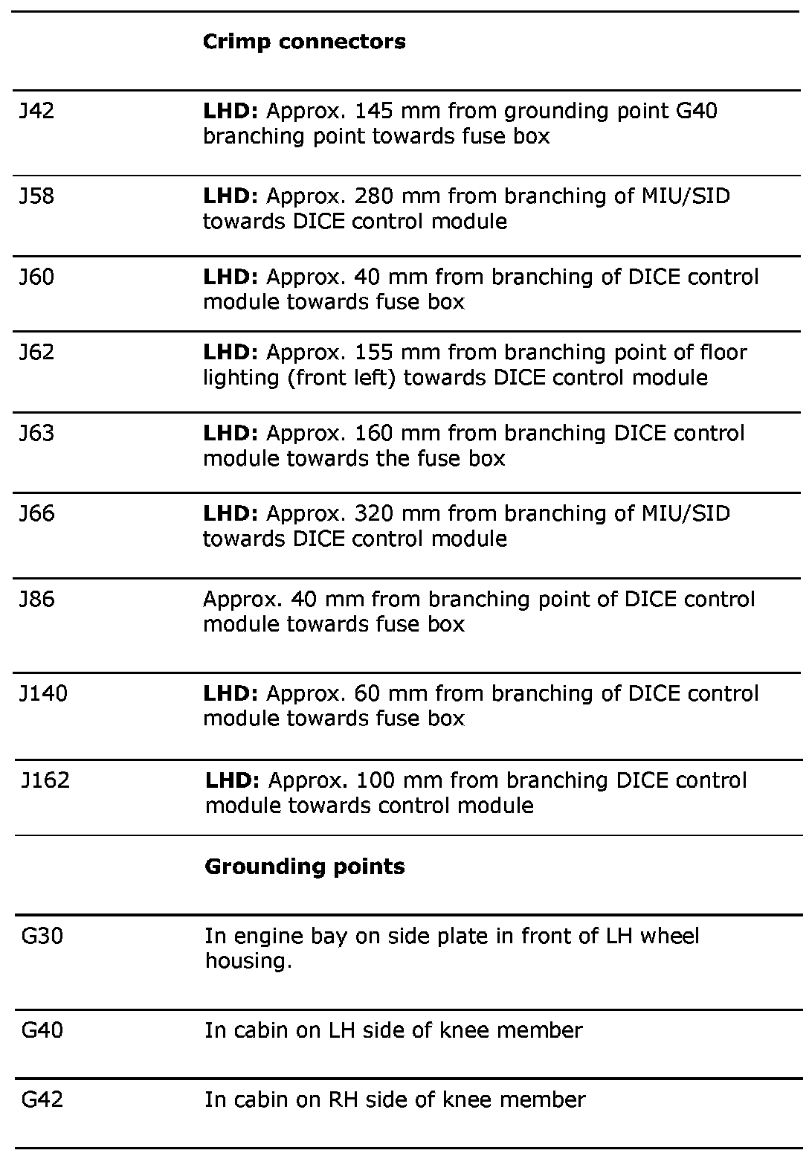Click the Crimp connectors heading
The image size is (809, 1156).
(304, 42)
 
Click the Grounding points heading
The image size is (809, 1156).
(305, 867)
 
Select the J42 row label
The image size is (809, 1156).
(36, 112)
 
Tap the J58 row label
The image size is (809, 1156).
(36, 196)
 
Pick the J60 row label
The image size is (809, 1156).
(36, 277)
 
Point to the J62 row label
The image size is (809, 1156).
(36, 352)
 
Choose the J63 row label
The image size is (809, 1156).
(36, 433)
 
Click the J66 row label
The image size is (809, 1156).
(36, 513)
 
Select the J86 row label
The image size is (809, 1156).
(36, 600)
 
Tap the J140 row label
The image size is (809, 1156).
(43, 694)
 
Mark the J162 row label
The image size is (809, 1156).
(45, 780)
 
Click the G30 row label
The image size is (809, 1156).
(42, 936)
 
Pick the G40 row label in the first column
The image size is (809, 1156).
(42, 1030)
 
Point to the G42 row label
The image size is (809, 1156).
(42, 1099)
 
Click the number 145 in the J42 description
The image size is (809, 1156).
(374, 112)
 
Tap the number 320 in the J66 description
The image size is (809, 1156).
(374, 513)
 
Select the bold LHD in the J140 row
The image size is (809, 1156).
(231, 694)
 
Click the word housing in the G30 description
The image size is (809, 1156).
(245, 961)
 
